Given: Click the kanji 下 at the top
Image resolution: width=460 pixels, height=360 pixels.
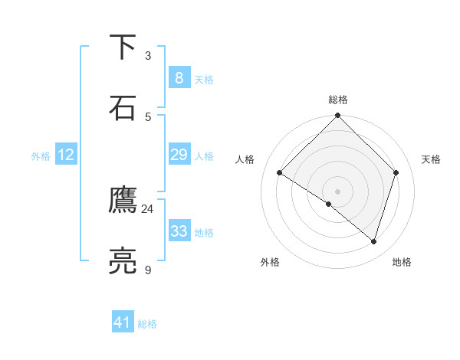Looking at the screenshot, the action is click(x=123, y=47).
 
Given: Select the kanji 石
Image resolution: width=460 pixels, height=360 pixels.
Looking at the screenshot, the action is click(x=123, y=107).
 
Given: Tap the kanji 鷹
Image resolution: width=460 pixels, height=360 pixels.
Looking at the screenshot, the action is click(x=123, y=201).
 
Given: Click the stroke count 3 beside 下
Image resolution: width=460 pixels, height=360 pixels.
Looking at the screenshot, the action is click(x=148, y=56).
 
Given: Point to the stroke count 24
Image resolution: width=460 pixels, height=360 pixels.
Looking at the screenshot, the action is click(x=147, y=209).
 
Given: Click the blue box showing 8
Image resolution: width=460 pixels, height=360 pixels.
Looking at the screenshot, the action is click(x=179, y=78).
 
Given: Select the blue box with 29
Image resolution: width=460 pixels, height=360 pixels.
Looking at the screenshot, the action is click(x=179, y=155).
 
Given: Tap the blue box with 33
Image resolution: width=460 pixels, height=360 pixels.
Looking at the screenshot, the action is click(x=179, y=231).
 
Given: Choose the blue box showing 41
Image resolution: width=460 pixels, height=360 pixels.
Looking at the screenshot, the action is click(x=123, y=322).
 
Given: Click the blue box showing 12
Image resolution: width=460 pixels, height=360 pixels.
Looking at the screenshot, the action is click(x=65, y=155).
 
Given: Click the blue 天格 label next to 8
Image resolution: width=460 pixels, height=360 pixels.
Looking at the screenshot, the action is click(x=204, y=80).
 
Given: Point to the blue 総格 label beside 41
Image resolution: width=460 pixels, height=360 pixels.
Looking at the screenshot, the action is click(x=147, y=324).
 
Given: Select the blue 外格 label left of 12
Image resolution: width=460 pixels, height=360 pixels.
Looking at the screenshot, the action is click(x=41, y=156).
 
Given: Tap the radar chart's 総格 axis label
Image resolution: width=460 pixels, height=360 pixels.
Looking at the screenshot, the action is click(x=338, y=100).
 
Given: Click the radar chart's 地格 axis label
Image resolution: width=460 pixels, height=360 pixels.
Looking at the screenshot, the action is click(x=402, y=262).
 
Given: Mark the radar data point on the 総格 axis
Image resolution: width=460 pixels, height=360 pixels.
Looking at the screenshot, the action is click(x=338, y=116).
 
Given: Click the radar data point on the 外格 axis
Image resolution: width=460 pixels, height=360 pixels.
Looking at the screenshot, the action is click(x=329, y=205).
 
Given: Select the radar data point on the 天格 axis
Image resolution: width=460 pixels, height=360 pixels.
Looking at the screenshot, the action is click(x=396, y=172).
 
